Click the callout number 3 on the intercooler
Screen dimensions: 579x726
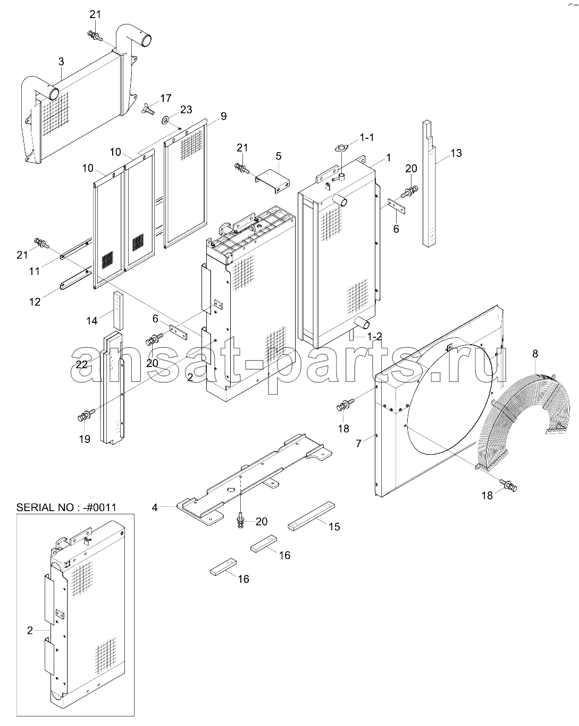[61, 62]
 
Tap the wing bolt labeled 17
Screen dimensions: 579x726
[148, 109]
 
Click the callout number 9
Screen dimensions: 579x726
[223, 116]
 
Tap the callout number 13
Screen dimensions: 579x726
[456, 153]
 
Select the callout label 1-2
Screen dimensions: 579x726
[375, 336]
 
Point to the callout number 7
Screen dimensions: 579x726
[358, 443]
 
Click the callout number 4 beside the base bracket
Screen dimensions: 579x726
[154, 507]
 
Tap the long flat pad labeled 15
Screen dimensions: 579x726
[311, 516]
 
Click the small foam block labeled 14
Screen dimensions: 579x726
[119, 311]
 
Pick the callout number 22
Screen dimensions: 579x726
[81, 364]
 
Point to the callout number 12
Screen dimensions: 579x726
[35, 302]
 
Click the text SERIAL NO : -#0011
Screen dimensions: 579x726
[66, 507]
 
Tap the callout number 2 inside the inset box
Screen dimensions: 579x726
[30, 630]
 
